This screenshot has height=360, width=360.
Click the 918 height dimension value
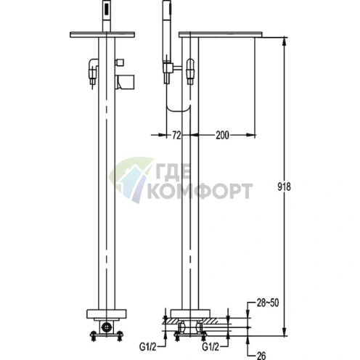pyautogui.click(x=284, y=187)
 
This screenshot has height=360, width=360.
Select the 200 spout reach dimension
pyautogui.click(x=222, y=135)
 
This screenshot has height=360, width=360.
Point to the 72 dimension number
pyautogui.click(x=176, y=136)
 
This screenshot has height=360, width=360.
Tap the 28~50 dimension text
pyautogui.click(x=268, y=303)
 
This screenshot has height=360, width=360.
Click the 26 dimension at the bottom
pyautogui.click(x=261, y=356)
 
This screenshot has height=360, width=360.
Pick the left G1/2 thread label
pyautogui.click(x=147, y=347)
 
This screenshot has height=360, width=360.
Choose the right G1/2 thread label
pyautogui.click(x=210, y=347)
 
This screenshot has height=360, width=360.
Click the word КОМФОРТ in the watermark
pyautogui.click(x=200, y=191)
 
